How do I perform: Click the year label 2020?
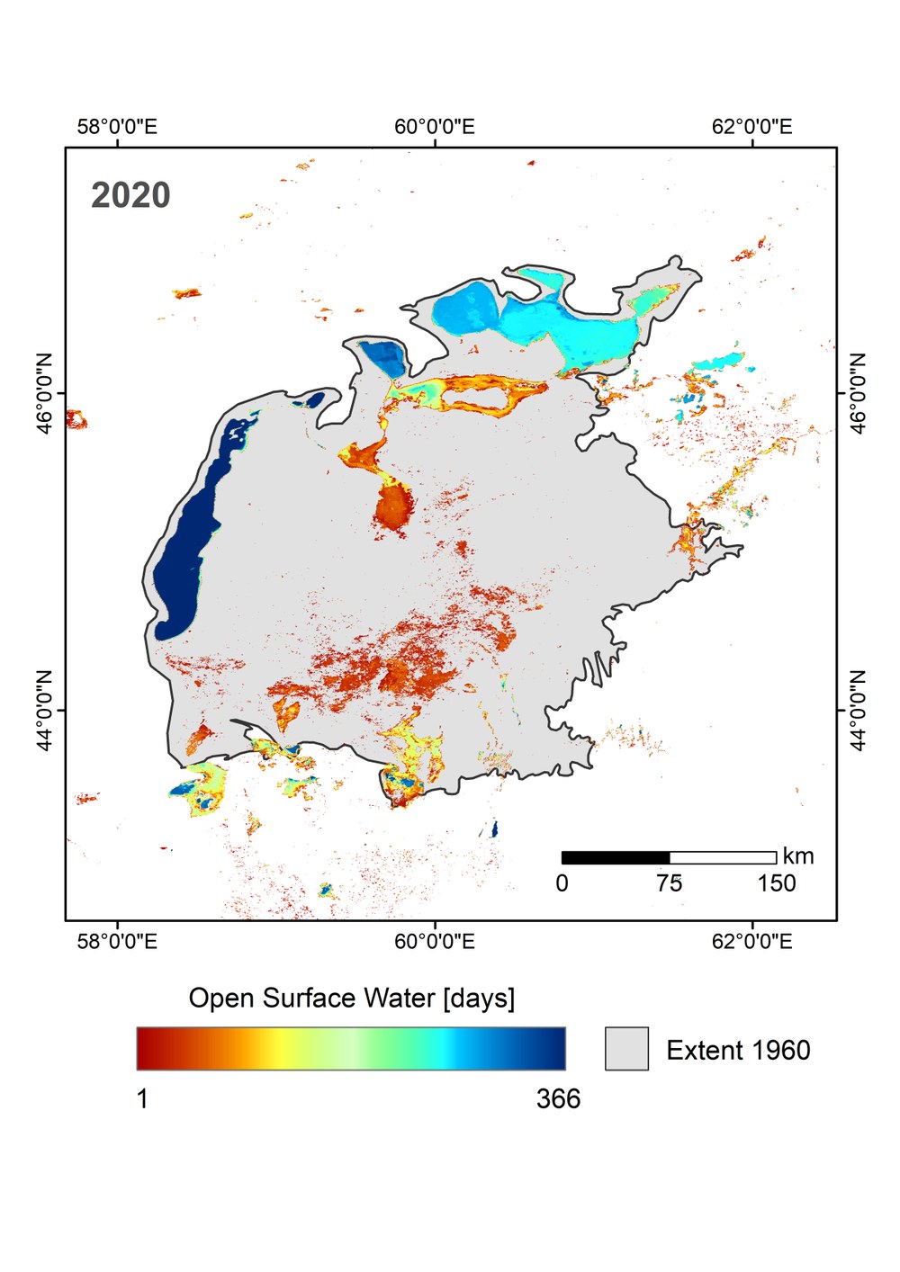coord(130,195)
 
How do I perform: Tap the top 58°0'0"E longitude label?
coord(117,127)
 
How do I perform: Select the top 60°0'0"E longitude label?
coord(435,127)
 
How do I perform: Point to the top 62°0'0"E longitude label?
coord(752,127)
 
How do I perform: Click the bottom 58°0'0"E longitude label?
coord(117,942)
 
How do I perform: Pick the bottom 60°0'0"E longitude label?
coord(435,942)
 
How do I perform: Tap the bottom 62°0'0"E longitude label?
coord(752,942)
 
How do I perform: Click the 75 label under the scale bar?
coord(670,883)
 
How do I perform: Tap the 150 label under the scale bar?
coord(777,883)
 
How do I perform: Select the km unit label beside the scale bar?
coord(798,855)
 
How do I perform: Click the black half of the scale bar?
coord(616,857)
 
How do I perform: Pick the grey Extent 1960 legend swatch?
coord(626,1049)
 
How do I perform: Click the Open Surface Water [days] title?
coord(352,999)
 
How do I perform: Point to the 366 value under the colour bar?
coord(559,1098)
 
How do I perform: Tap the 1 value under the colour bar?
coord(142,1098)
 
